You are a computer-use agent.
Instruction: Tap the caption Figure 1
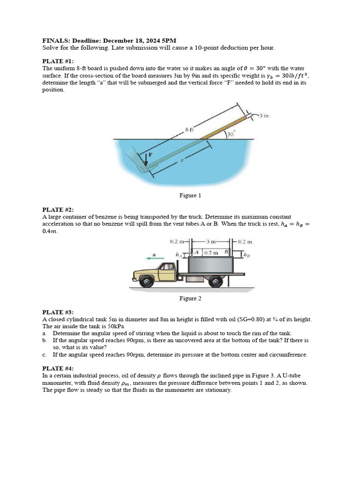(x=190, y=195)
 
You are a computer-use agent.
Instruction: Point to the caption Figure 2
(x=190, y=298)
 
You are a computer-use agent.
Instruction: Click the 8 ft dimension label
(x=189, y=129)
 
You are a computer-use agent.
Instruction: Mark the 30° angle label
(x=231, y=134)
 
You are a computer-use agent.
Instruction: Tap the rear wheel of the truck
(x=216, y=281)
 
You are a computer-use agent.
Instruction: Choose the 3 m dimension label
(x=210, y=242)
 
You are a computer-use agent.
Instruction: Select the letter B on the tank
(x=226, y=252)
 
